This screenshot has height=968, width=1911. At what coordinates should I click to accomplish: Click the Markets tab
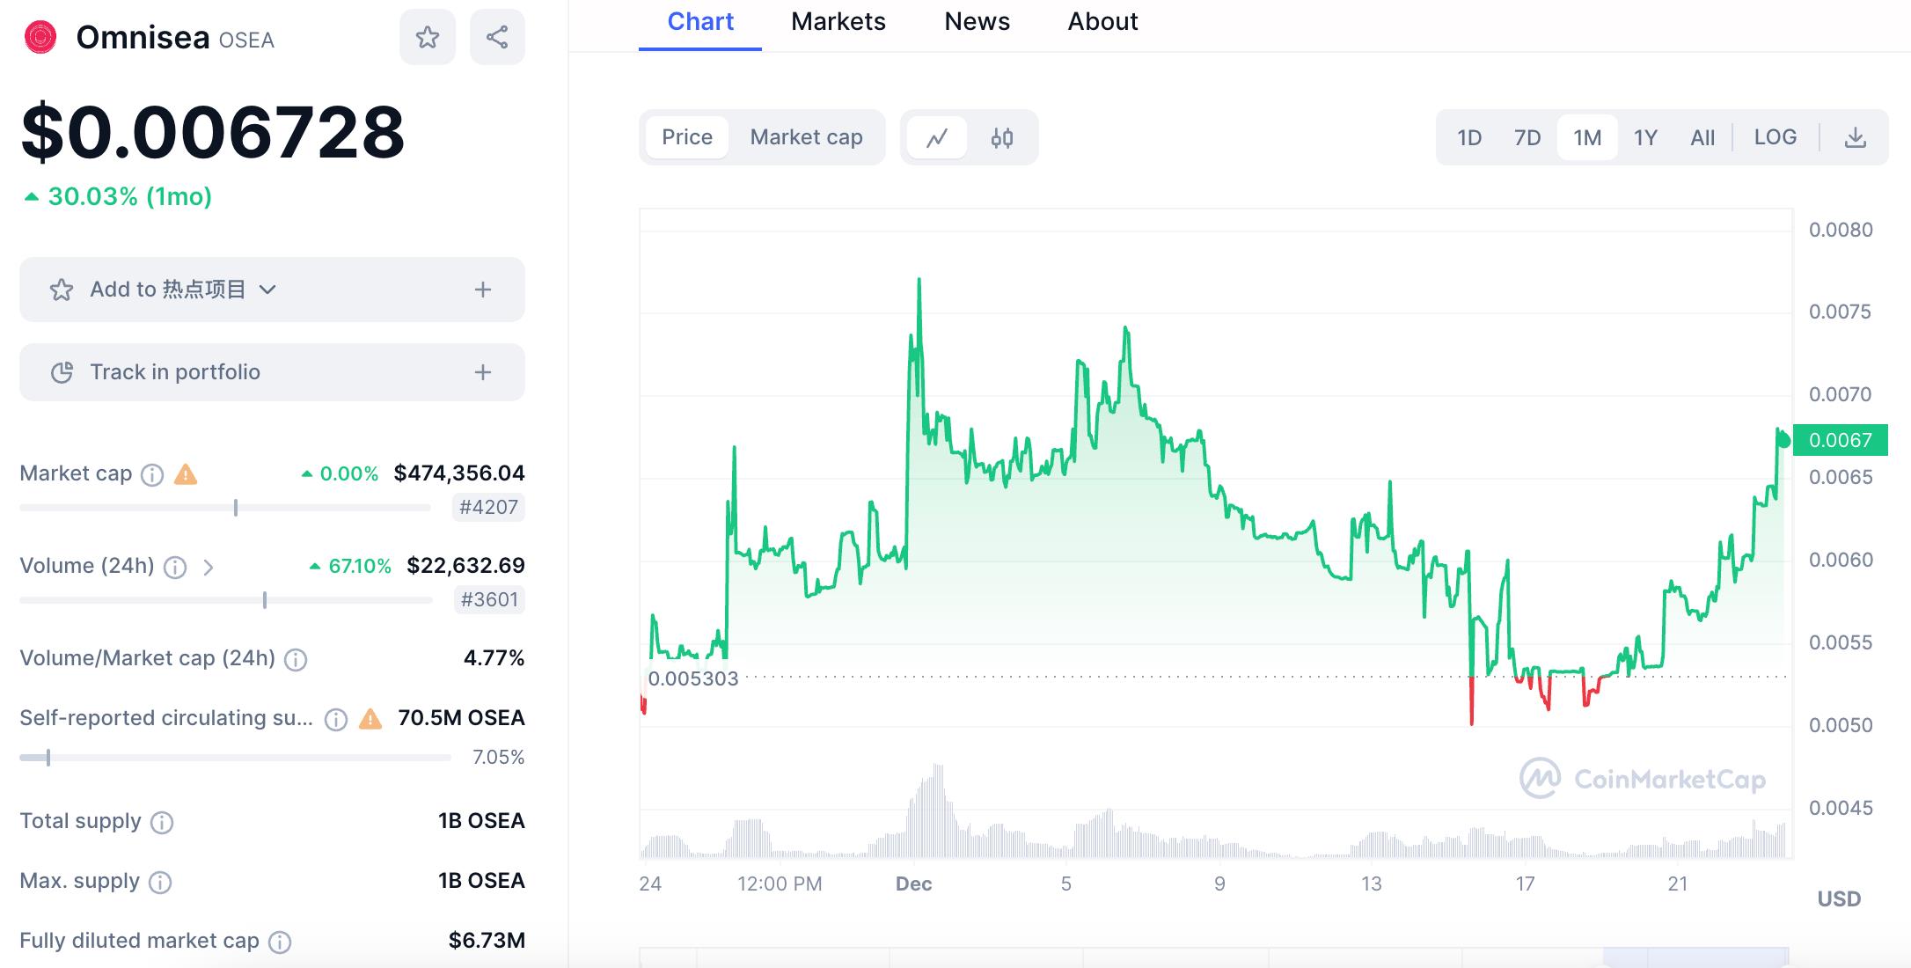pos(838,22)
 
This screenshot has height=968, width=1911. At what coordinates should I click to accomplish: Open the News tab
pos(977,22)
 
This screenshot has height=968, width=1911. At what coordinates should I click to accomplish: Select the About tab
pos(1102,22)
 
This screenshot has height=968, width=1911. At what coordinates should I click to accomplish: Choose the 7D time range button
pos(1527,138)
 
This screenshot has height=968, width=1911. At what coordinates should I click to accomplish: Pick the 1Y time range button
pos(1645,138)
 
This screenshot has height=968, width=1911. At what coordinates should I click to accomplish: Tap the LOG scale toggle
pos(1775,137)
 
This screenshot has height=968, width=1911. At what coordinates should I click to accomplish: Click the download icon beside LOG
pos(1855,138)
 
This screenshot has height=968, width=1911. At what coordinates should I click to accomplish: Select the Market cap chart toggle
pos(806,137)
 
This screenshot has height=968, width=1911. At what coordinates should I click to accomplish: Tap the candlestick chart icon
pos(1002,138)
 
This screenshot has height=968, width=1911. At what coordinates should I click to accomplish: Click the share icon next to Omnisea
pos(497,37)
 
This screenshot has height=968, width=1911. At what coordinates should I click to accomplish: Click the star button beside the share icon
pos(428,37)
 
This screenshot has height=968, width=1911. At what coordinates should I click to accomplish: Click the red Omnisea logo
pos(40,37)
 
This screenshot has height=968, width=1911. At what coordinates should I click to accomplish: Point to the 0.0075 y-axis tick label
pos(1840,312)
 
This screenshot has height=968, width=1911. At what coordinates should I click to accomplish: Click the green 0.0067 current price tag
pos(1840,440)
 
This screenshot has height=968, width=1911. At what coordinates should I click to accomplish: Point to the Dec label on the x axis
pos(913,884)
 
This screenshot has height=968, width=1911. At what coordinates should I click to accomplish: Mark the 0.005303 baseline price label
pos(693,678)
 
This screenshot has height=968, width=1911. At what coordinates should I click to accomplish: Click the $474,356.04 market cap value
pos(459,473)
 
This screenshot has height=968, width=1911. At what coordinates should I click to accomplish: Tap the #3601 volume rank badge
pos(489,599)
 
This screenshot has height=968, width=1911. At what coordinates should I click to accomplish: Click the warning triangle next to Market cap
pos(186,475)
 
